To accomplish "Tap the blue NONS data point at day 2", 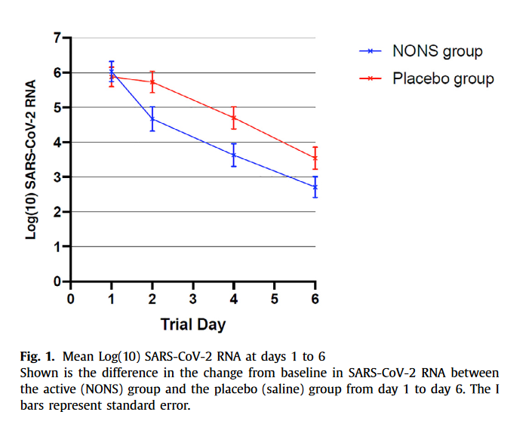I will (152, 118).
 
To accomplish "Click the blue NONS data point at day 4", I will (234, 155).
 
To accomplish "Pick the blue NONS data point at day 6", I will (315, 186).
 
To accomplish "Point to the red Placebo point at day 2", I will (152, 81).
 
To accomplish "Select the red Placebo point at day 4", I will (234, 118).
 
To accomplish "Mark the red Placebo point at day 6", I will (315, 158).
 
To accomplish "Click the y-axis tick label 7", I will (57, 38).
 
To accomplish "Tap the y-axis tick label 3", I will (57, 177).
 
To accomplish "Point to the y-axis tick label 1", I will (57, 247).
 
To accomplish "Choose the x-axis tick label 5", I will (275, 299).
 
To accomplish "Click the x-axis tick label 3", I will (193, 299).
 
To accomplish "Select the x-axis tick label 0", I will (71, 299).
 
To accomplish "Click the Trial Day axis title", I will (193, 324).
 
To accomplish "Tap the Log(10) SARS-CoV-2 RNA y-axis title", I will (32, 159).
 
